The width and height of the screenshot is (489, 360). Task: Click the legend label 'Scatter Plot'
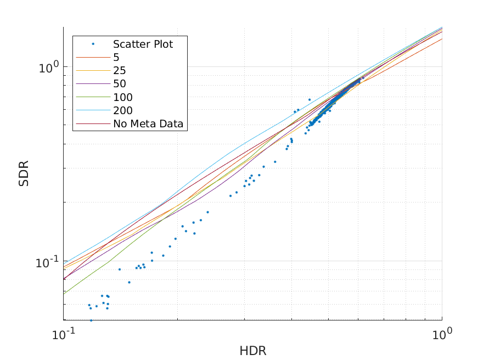143,44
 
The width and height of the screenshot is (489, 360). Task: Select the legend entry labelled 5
116,58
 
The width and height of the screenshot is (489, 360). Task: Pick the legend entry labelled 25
119,71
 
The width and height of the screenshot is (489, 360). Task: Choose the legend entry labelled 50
119,84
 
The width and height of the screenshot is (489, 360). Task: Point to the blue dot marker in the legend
93,44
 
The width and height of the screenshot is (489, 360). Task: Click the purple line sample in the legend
93,84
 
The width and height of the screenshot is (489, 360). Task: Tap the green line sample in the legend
93,98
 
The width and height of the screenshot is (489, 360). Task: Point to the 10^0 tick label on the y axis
48,67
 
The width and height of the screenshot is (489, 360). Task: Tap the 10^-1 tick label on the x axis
64,334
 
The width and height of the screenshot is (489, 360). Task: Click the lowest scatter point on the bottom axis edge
91,320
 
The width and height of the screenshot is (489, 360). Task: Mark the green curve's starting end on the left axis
64,294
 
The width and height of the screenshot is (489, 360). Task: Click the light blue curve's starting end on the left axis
64,261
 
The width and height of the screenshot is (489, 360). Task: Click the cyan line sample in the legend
93,111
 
